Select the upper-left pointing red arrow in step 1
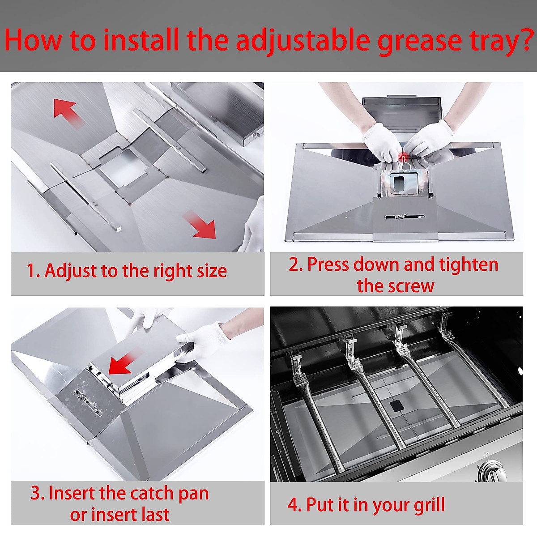tap(68, 113)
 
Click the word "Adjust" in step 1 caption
tap(71, 272)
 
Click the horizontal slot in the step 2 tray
tap(405, 217)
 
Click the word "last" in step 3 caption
tap(154, 515)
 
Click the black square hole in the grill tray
tap(397, 406)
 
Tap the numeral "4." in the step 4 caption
tap(294, 505)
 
